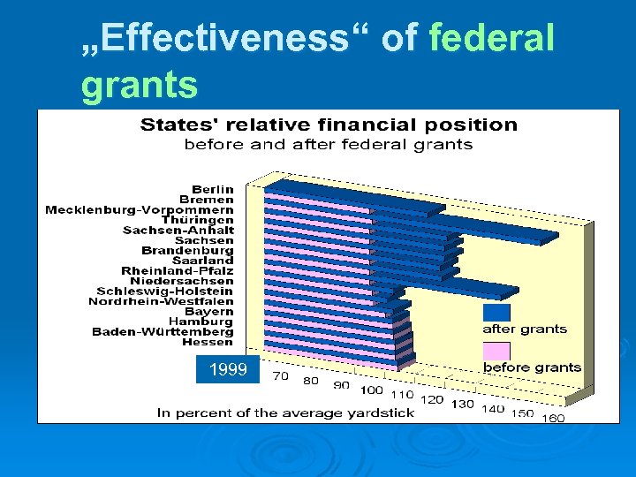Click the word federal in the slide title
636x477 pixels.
pos(491,38)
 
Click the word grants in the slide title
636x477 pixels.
pos(140,86)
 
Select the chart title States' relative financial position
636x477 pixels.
pos(329,125)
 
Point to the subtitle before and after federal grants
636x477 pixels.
pos(328,144)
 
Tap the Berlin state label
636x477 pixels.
pos(213,189)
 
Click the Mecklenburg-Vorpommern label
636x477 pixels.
pos(140,209)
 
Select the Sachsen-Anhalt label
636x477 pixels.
pos(178,230)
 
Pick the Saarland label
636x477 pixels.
pos(203,261)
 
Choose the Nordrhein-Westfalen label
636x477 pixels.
pos(161,301)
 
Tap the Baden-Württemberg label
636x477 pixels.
pos(163,331)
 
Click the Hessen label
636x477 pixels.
pos(208,342)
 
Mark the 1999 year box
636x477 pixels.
pos(228,370)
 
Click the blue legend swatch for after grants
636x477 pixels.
pos(496,313)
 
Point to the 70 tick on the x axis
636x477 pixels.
pos(280,375)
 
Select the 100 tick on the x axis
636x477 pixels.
pos(372,390)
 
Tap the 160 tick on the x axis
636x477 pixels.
pos(553,418)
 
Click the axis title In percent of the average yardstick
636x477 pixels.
pos(285,413)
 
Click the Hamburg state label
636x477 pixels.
pos(201,322)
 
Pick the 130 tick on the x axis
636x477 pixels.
pos(462,404)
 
